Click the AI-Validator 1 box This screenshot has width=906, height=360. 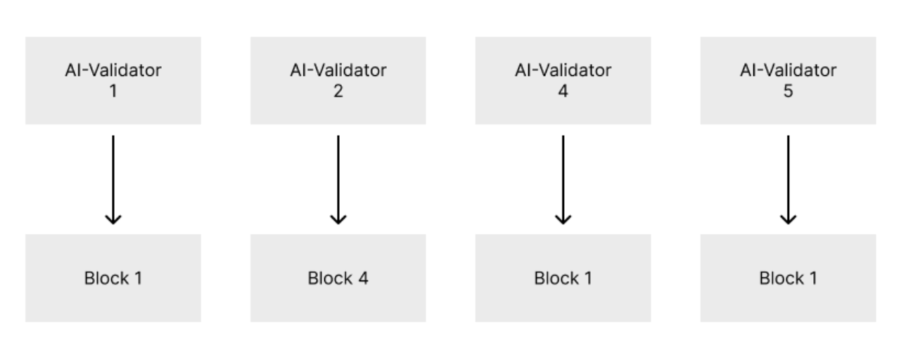(113, 81)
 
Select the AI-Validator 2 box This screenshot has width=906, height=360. (338, 81)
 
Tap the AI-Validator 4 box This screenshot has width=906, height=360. (563, 81)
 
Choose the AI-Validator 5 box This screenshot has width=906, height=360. (788, 81)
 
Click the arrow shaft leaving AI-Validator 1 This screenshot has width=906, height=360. (113, 176)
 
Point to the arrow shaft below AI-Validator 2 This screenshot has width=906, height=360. (338, 176)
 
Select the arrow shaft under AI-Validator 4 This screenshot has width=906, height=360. (563, 176)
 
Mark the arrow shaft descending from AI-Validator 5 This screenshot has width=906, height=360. (788, 176)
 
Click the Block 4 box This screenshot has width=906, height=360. (338, 278)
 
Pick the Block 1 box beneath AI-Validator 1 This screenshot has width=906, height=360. (113, 278)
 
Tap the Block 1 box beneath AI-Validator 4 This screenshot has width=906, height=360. (563, 278)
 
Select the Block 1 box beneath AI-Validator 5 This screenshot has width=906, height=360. (788, 278)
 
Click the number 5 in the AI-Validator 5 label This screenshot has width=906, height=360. (788, 92)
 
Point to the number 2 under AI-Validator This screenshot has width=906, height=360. (338, 92)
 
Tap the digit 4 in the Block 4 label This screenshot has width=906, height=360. (363, 278)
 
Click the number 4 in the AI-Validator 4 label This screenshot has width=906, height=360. (563, 92)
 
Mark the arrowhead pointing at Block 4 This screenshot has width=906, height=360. (338, 219)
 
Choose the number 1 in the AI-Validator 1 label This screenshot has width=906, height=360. (113, 92)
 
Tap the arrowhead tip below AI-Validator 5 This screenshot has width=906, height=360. (788, 222)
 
